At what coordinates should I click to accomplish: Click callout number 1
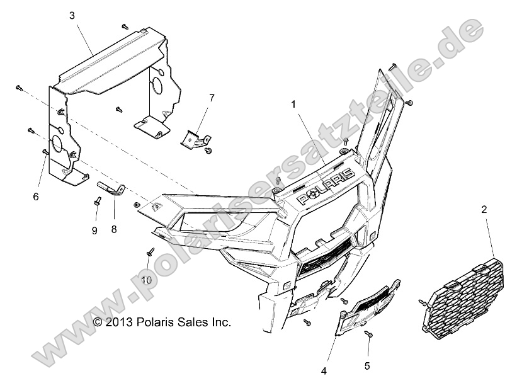pyautogui.click(x=293, y=105)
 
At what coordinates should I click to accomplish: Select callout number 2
pyautogui.click(x=484, y=209)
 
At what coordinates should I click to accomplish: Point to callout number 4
pyautogui.click(x=324, y=371)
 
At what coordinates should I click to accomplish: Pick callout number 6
pyautogui.click(x=36, y=197)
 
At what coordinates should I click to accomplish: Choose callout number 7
pyautogui.click(x=212, y=98)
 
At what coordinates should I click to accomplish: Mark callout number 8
pyautogui.click(x=114, y=230)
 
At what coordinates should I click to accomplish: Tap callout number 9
pyautogui.click(x=94, y=231)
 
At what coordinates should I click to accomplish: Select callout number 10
pyautogui.click(x=146, y=280)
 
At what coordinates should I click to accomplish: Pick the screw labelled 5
pyautogui.click(x=368, y=334)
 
